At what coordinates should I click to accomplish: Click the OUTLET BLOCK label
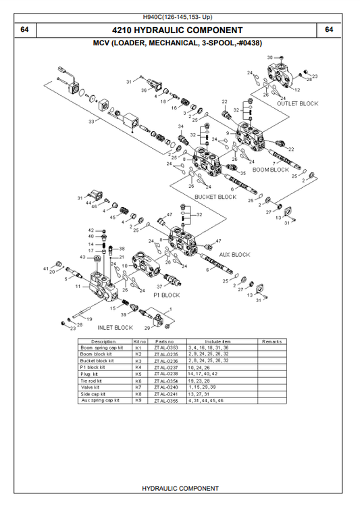coord(297,103)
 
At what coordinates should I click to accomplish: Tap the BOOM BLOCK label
coord(269,170)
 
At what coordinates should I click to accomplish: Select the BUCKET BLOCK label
coord(215,197)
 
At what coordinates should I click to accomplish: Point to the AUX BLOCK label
coord(234,255)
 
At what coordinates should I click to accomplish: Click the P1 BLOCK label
coord(165,295)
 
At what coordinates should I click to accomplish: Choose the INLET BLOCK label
coord(114,327)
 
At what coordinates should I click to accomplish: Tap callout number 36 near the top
coord(144,90)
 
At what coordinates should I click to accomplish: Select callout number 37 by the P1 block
coord(159,287)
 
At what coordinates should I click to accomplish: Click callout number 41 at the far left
coord(46,269)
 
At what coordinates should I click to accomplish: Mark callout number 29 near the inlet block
coord(147,327)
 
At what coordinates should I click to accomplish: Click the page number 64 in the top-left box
coord(24,30)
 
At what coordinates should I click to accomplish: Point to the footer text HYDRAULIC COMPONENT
coord(180,488)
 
